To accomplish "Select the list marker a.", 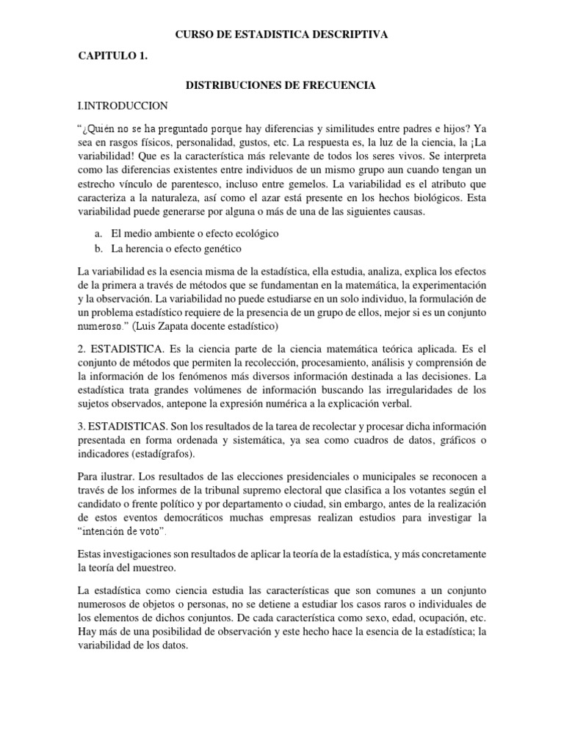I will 99,233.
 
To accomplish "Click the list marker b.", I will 99,250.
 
